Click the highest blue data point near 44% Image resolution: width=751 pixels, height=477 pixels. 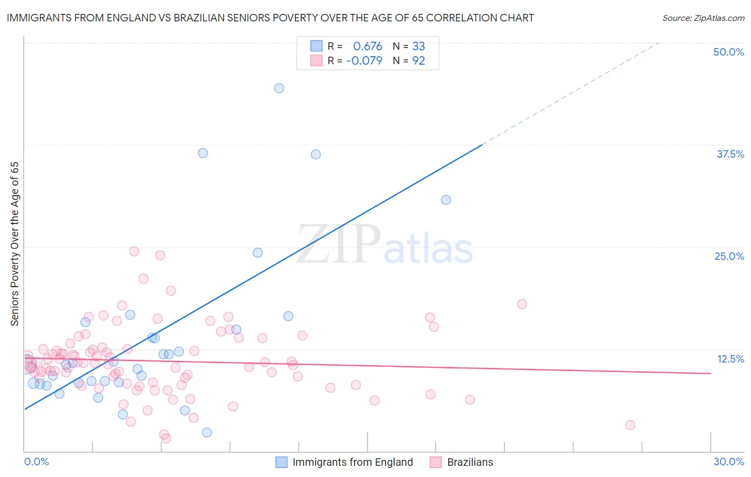click(279, 88)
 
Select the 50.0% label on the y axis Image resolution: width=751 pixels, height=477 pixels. click(729, 52)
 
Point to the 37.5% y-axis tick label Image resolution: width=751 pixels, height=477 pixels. click(730, 154)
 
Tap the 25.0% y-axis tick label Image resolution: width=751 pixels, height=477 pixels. click(729, 256)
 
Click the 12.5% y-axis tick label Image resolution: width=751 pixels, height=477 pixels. click(730, 359)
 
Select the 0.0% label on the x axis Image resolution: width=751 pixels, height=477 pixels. click(36, 461)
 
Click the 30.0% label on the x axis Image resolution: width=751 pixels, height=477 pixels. click(729, 461)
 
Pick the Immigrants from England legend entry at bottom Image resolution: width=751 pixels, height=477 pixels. click(353, 462)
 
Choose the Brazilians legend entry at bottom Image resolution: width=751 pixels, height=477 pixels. click(470, 462)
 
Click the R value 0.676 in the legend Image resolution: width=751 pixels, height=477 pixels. click(367, 47)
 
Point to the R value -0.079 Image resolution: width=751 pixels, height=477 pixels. click(364, 61)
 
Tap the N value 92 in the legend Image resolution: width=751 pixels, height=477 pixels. click(418, 61)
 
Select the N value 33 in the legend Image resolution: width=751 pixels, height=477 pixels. click(418, 47)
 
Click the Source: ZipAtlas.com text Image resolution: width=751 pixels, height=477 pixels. click(703, 18)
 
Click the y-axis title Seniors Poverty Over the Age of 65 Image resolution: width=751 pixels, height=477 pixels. click(15, 244)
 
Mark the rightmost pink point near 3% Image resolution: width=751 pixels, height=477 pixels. click(630, 425)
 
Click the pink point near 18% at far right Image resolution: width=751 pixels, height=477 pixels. click(522, 304)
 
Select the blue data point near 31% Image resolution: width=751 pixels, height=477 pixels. click(446, 200)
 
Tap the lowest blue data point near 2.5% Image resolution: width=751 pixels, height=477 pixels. click(207, 432)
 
